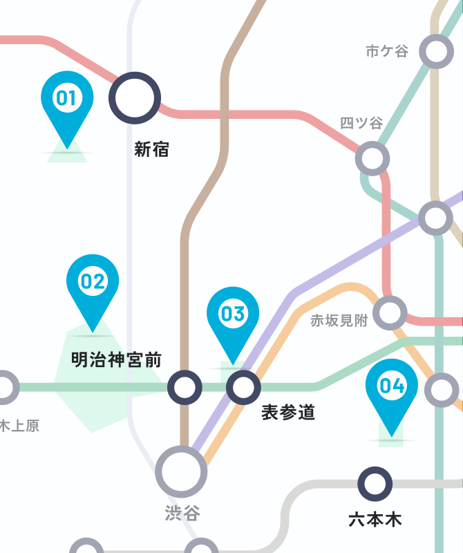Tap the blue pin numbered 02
click(x=92, y=282)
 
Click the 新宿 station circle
click(x=134, y=97)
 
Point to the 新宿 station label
click(x=151, y=149)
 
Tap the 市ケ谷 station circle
click(x=436, y=52)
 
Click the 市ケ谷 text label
click(x=387, y=51)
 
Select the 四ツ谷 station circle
click(x=372, y=158)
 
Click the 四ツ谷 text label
click(x=361, y=123)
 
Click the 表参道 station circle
click(x=243, y=387)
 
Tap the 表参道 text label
click(x=288, y=413)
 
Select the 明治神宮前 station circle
click(x=185, y=387)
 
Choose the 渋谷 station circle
click(x=181, y=471)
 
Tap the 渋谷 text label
click(x=182, y=513)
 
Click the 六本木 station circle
click(x=375, y=484)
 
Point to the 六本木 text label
click(x=375, y=519)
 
